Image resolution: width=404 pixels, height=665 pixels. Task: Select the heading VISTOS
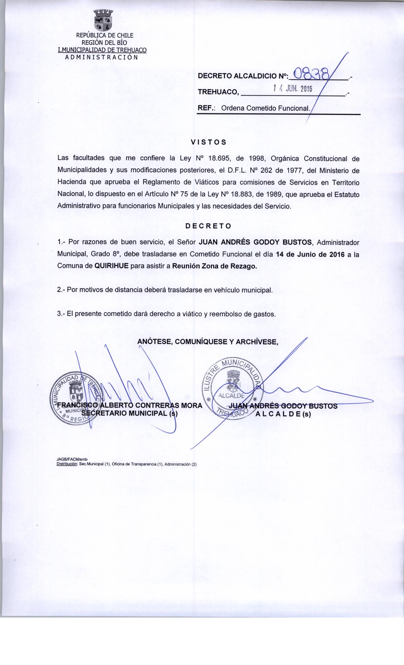208,142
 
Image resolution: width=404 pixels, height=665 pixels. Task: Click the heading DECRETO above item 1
208,226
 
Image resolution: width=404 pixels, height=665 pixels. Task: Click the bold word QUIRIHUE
112,266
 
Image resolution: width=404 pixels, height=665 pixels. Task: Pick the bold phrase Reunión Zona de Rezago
214,266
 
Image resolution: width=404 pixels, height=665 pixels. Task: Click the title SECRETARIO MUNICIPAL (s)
129,413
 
